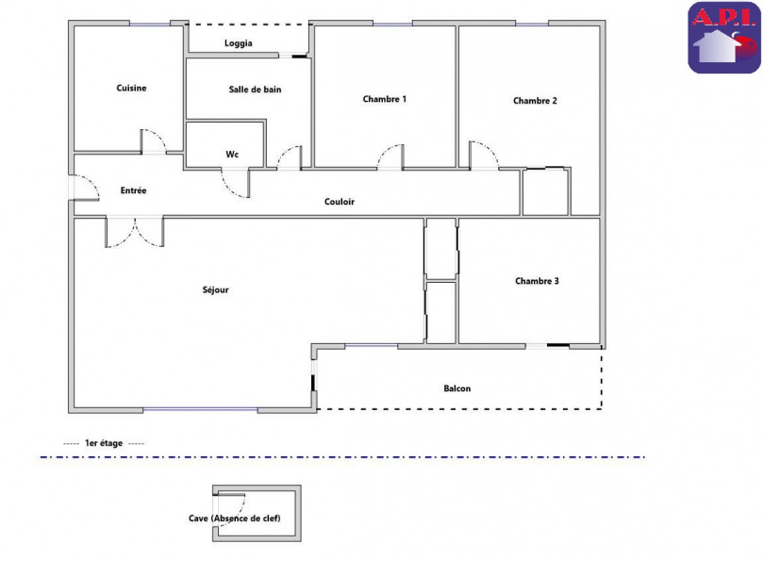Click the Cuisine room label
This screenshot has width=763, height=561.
131,88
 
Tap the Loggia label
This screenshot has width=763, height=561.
238,43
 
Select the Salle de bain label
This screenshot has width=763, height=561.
255,90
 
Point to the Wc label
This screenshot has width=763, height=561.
231,155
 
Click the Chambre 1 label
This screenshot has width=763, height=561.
384,99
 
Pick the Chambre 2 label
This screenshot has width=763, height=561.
535,101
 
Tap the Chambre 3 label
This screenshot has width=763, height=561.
538,281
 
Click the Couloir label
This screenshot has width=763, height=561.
340,201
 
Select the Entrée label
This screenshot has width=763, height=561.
133,190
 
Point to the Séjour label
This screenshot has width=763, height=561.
215,289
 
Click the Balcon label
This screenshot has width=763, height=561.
457,388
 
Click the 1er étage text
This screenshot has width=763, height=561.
104,443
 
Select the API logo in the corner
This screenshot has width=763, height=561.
723,38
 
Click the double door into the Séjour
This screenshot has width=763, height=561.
135,232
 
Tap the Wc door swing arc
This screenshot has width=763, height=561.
236,182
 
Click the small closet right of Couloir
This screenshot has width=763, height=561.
545,192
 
